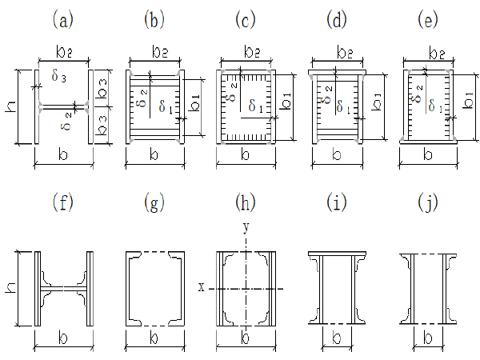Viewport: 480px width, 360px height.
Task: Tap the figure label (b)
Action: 154,18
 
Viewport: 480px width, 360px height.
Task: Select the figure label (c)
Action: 246,18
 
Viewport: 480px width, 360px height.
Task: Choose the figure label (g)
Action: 154,204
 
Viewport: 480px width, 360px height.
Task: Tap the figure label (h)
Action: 246,204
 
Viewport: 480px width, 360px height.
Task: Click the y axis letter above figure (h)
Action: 246,227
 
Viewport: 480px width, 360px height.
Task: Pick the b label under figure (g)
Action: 154,339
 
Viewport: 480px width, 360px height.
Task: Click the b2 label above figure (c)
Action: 246,51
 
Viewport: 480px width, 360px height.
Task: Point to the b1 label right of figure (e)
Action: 468,99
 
